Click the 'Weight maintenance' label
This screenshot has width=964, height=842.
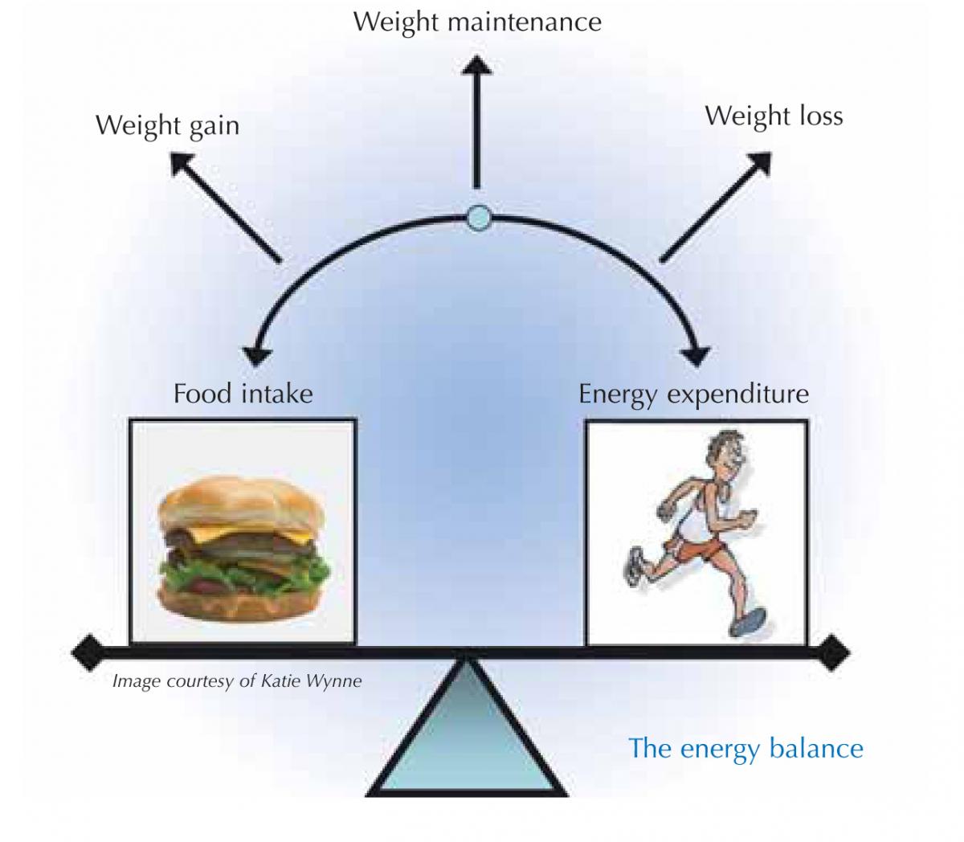coord(477,22)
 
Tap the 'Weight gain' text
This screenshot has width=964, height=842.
coord(167,126)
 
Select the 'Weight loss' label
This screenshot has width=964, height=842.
coord(774,116)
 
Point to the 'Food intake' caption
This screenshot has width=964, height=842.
coord(243,394)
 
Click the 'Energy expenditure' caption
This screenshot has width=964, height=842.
coord(693,394)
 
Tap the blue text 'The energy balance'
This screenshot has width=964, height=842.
coord(745,748)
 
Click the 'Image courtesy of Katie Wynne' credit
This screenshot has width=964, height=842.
coord(237,681)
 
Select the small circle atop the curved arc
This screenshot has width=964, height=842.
coord(478,216)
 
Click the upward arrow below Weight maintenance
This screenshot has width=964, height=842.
coord(477,121)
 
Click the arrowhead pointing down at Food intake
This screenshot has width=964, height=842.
coord(256,354)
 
